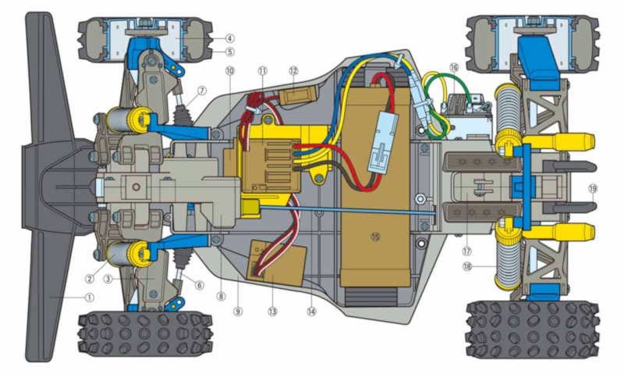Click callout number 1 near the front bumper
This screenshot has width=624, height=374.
[x=89, y=297]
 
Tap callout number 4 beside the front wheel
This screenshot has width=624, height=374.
[x=230, y=37]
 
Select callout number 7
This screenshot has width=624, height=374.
[x=202, y=91]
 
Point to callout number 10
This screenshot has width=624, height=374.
[x=229, y=70]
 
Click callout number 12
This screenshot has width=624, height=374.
[x=293, y=70]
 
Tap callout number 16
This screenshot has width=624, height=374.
[x=453, y=68]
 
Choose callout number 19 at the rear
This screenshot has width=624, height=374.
[x=592, y=188]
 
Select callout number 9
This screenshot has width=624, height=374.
[x=238, y=311]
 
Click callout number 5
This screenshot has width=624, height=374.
[x=230, y=52]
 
